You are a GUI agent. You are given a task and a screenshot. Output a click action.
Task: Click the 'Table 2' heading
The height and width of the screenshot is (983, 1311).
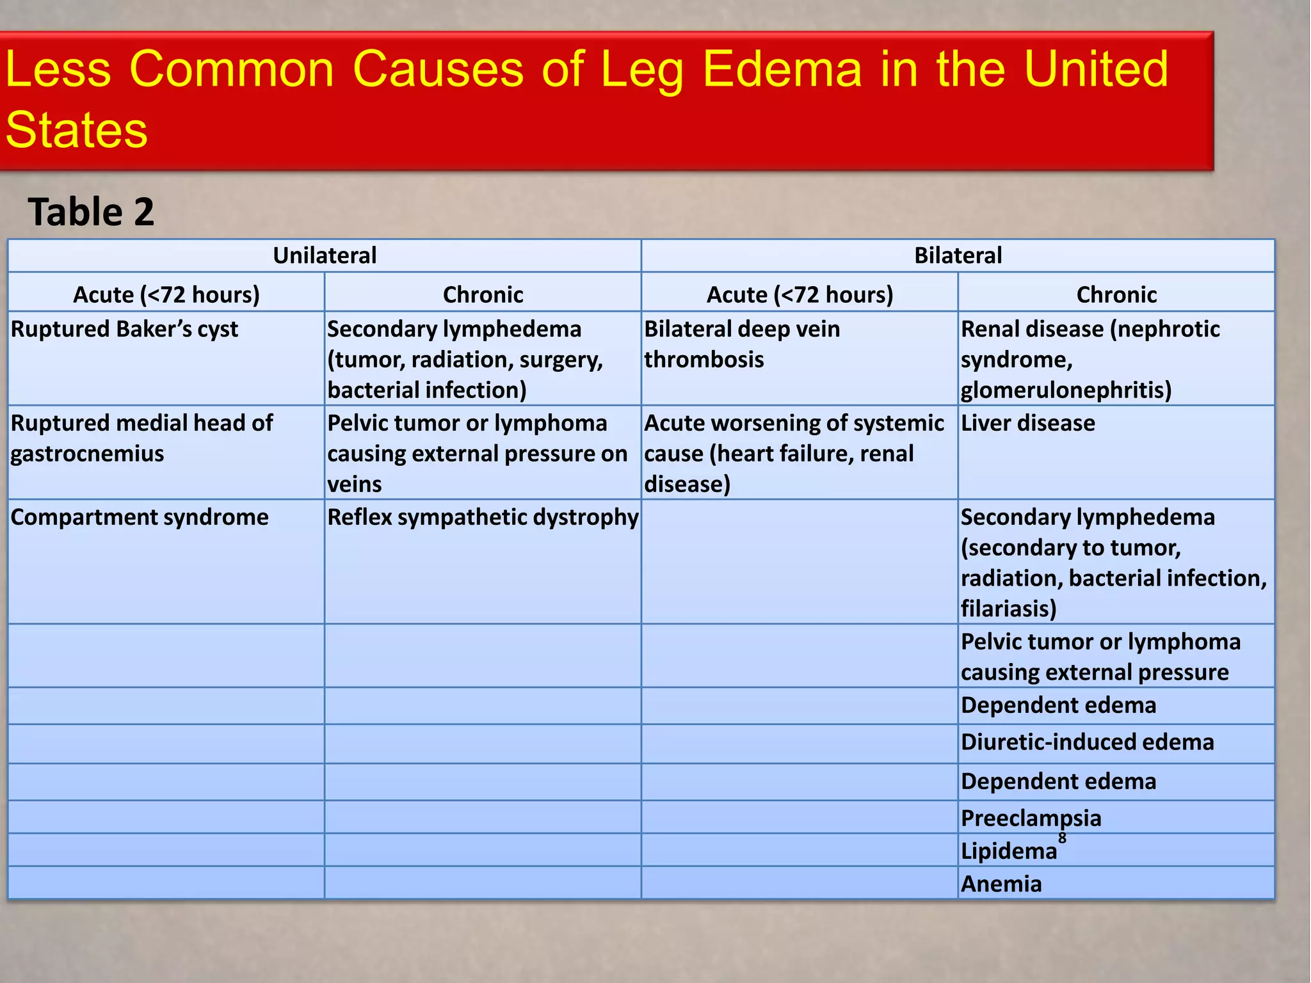[x=91, y=212]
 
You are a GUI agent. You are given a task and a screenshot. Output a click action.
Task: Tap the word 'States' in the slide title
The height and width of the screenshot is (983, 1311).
[x=77, y=130]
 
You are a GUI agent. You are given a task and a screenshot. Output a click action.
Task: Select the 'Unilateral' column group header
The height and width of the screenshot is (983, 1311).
[x=325, y=255]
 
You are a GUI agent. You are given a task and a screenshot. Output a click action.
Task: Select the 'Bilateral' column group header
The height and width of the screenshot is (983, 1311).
[x=958, y=255]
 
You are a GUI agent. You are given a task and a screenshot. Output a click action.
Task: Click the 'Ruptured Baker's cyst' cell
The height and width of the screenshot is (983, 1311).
[x=125, y=329]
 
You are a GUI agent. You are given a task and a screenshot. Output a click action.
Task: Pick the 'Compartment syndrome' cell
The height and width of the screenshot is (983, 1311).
[x=140, y=517]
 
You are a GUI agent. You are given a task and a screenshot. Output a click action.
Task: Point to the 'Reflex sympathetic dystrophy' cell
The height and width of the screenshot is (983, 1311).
[x=483, y=517]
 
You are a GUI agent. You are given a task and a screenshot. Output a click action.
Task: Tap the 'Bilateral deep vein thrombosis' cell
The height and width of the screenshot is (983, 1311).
[x=741, y=344]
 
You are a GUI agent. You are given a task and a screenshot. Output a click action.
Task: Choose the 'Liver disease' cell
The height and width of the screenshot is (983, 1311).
[x=1027, y=423]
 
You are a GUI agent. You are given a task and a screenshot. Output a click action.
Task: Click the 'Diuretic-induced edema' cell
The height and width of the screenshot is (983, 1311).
[x=1087, y=742]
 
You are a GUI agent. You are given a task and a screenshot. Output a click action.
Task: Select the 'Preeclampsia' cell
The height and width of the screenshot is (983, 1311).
[x=1031, y=818]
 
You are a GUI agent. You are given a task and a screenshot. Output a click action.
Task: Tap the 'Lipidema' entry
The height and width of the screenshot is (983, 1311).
[x=1009, y=851]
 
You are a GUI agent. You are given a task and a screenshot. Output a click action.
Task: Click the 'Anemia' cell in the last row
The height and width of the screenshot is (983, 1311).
[x=1001, y=884]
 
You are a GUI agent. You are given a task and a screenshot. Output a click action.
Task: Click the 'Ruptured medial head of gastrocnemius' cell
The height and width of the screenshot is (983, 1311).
[x=141, y=438]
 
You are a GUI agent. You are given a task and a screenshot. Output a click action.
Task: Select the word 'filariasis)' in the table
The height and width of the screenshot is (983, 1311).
[x=1008, y=609]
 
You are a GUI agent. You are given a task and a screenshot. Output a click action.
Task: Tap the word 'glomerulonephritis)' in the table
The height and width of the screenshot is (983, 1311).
[x=1066, y=390]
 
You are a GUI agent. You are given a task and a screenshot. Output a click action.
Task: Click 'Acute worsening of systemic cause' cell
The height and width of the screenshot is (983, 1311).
[x=794, y=453]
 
